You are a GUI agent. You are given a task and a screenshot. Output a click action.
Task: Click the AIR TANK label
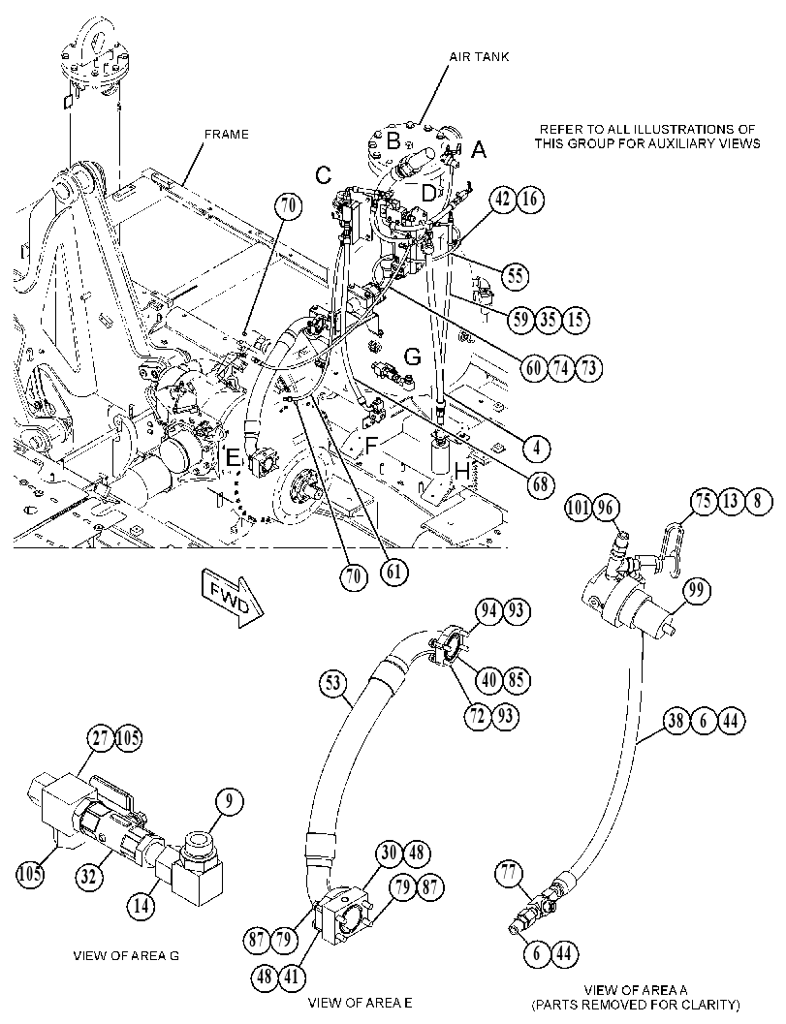point(479,57)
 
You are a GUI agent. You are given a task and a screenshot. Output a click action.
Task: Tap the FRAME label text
point(227,134)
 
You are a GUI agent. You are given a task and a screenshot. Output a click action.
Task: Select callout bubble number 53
point(333,683)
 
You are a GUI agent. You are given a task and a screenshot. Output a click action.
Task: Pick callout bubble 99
point(697,590)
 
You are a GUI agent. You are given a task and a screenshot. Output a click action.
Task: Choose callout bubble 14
point(142,907)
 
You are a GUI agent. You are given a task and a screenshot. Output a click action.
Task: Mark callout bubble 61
point(393,573)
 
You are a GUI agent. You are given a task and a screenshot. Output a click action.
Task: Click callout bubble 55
point(515,276)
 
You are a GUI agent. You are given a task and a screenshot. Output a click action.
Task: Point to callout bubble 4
point(536,448)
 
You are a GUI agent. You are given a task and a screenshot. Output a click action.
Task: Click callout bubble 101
point(579,508)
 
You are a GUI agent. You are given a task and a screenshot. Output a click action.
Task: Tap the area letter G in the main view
point(412,357)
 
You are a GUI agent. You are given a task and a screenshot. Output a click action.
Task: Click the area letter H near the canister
point(462,472)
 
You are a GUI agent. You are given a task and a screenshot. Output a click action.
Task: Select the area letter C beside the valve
point(323,175)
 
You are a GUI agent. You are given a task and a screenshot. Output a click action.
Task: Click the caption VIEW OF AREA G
point(125,956)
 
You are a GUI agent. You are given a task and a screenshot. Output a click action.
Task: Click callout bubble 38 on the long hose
point(676,721)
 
